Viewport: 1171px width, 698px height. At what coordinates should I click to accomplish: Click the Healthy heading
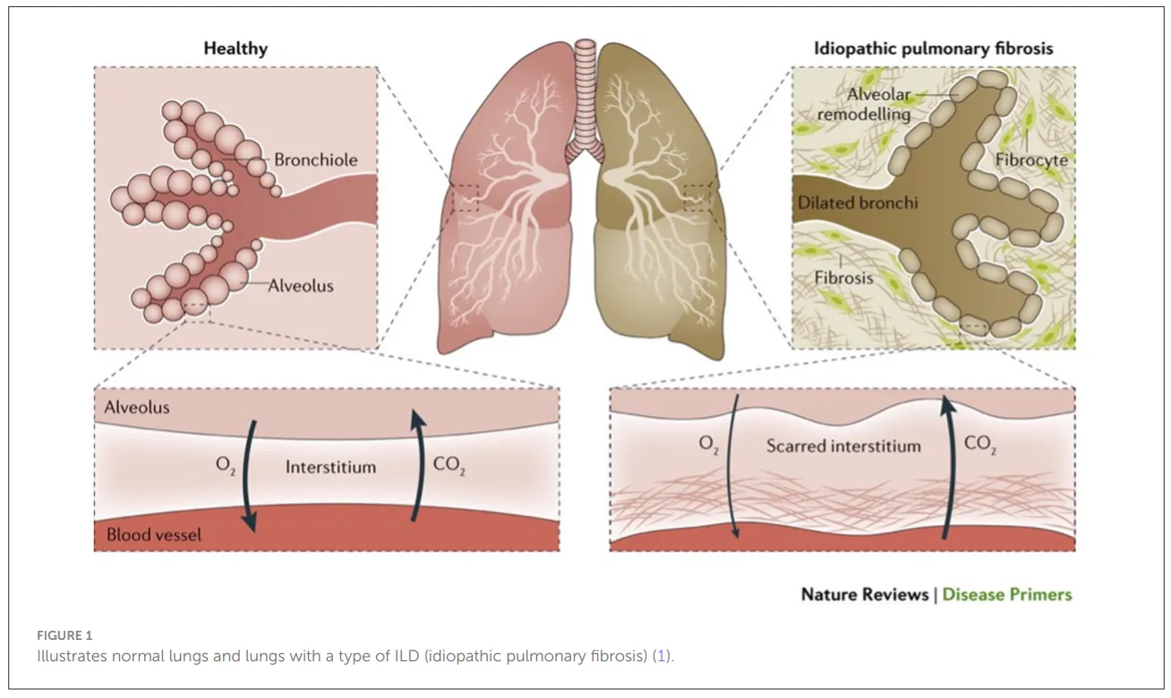click(x=235, y=48)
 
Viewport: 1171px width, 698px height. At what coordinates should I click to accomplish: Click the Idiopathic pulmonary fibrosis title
click(x=933, y=48)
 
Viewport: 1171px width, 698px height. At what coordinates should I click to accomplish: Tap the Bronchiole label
click(x=316, y=160)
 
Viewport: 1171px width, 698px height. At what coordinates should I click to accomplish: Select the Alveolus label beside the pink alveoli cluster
click(x=301, y=285)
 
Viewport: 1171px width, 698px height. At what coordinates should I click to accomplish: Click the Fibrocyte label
click(x=1031, y=160)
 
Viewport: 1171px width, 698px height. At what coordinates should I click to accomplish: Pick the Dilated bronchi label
click(x=858, y=203)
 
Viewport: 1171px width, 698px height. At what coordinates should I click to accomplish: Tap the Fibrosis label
click(x=843, y=278)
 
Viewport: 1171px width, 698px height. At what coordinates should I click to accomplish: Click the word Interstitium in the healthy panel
click(x=330, y=467)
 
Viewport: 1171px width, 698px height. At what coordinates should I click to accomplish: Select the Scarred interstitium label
click(x=843, y=447)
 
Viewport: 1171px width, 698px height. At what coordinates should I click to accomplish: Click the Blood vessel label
click(x=154, y=534)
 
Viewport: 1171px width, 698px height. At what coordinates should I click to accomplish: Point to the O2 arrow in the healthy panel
click(x=247, y=475)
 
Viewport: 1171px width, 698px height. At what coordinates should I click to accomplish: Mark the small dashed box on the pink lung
click(x=465, y=198)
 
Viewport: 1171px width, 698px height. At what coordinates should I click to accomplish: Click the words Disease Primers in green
click(x=1007, y=594)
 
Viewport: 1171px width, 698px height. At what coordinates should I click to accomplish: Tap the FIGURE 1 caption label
click(x=64, y=635)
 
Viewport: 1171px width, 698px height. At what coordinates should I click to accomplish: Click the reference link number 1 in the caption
click(x=661, y=656)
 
